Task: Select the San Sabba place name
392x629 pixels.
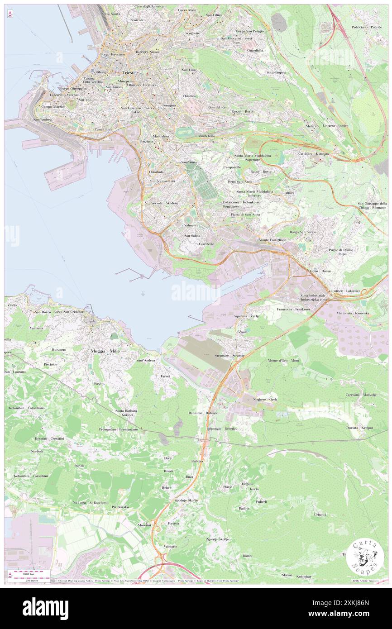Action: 193,236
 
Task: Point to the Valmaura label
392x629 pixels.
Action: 194,225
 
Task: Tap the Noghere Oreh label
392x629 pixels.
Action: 267,400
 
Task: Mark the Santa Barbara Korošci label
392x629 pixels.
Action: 126,413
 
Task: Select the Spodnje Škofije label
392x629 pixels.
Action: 186,500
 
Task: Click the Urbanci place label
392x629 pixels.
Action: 320,515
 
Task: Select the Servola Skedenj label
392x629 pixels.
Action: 164,203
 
